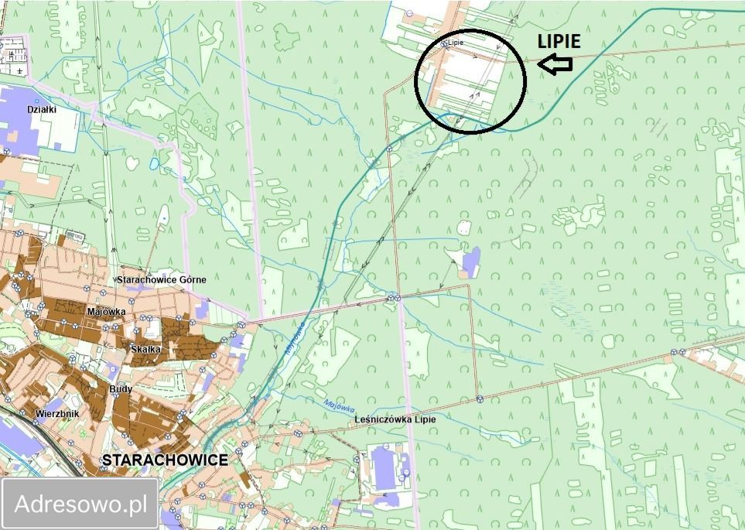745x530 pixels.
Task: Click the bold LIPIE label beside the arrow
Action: click(559, 42)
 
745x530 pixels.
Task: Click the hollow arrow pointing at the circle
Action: click(555, 66)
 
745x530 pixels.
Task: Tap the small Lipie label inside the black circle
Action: click(456, 43)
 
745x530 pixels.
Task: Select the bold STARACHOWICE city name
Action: click(165, 460)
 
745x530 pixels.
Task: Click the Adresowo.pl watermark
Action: click(81, 504)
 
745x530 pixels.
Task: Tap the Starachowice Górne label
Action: click(162, 279)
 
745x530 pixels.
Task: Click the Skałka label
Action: click(145, 350)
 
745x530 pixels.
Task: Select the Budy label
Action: click(121, 389)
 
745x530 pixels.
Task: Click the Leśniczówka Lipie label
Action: click(395, 419)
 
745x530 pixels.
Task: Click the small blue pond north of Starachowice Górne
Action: click(154, 164)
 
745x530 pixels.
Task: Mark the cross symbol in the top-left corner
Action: click(19, 70)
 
